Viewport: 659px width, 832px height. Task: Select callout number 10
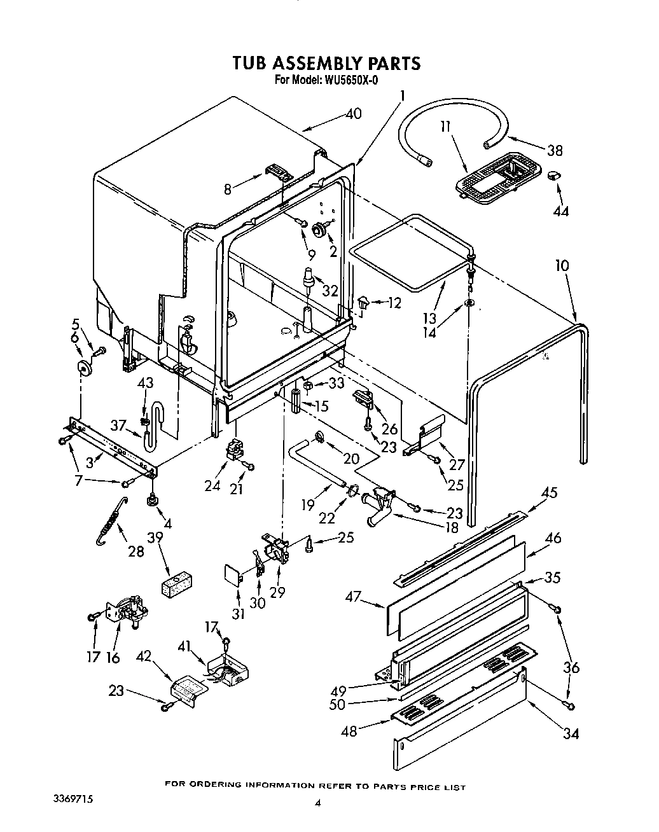(561, 265)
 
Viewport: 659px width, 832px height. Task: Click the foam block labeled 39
(177, 584)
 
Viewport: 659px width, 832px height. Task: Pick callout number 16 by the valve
(113, 657)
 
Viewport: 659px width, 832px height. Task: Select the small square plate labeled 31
(233, 576)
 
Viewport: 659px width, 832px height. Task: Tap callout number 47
(353, 597)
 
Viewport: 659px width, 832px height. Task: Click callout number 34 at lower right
(571, 733)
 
